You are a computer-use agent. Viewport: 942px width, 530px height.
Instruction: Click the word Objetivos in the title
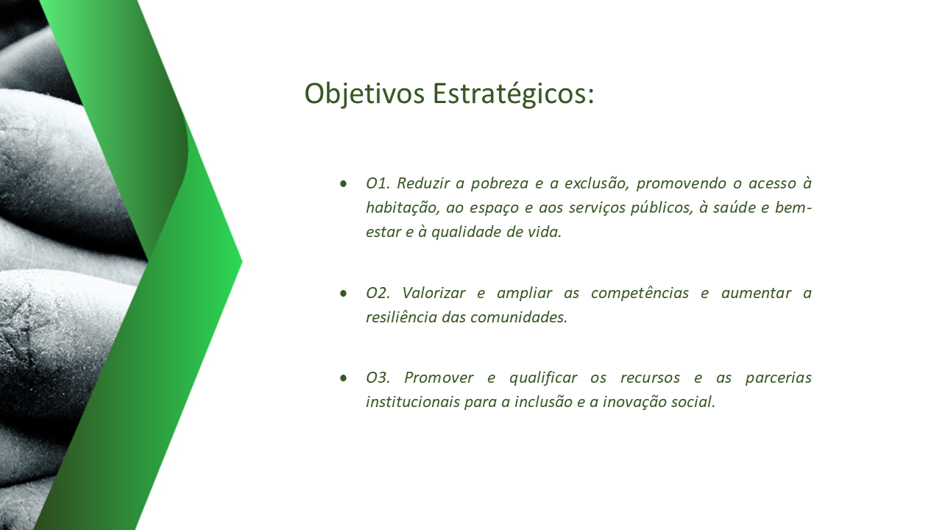[x=364, y=93]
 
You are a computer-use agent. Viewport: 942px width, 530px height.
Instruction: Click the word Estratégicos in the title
[x=513, y=93]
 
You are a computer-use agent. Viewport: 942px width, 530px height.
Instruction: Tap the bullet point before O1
[x=344, y=183]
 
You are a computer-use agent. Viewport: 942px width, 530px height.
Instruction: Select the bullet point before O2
[x=344, y=293]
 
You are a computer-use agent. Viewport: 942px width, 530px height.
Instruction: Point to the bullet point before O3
[x=344, y=378]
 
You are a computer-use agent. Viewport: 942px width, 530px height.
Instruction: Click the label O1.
[x=378, y=183]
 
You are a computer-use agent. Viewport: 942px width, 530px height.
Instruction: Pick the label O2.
[x=378, y=293]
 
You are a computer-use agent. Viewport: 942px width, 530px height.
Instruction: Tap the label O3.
[x=378, y=378]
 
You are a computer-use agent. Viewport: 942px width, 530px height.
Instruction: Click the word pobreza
[x=500, y=184]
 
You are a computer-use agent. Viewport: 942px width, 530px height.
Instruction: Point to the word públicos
[x=662, y=208]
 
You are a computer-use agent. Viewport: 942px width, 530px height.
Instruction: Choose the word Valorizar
[x=433, y=293]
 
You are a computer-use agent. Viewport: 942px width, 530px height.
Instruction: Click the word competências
[x=640, y=294]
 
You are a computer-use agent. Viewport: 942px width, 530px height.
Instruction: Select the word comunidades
[x=519, y=317]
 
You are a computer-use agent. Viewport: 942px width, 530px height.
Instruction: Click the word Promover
[x=439, y=378]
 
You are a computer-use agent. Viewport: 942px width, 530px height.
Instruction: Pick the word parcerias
[x=779, y=378]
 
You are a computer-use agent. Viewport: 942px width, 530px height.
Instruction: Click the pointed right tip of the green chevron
[x=242, y=261]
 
